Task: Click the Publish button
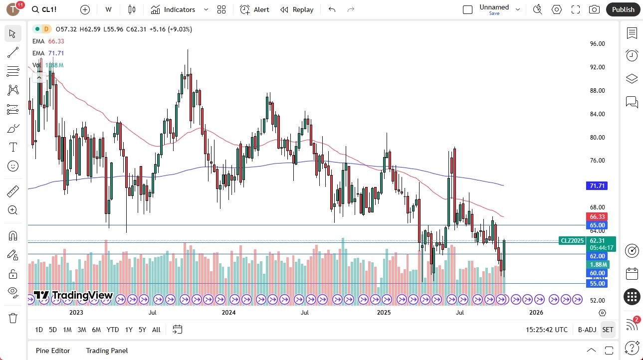coord(623,9)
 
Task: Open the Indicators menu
coord(173,9)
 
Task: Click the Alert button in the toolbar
coord(254,9)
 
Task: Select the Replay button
coord(297,9)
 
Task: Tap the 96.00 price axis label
coord(597,44)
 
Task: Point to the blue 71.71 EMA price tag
coord(597,186)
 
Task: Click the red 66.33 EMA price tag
coord(597,217)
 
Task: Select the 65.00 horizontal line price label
coord(597,225)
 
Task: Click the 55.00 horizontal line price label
coord(597,284)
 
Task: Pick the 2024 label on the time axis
coord(228,313)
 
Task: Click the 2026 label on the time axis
coord(536,313)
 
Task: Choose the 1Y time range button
coord(129,330)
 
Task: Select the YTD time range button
coord(113,330)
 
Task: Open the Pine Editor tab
coord(53,351)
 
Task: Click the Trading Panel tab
coord(107,351)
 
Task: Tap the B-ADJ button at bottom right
coord(587,330)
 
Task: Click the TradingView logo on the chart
coord(73,295)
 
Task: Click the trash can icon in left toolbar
coord(13,318)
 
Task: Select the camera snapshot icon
coord(594,9)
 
